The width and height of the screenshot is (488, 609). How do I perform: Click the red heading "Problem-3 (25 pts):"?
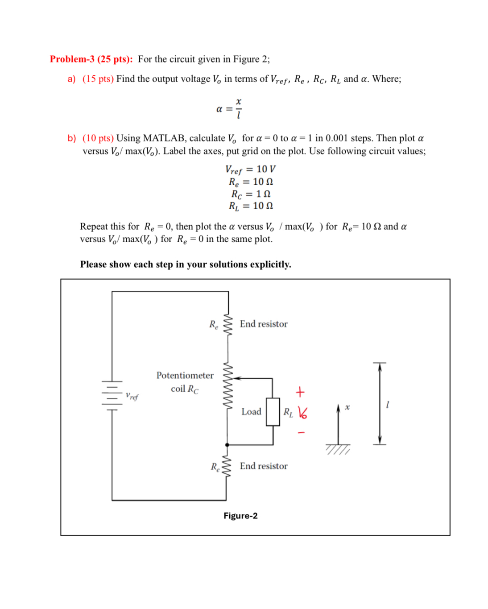tap(91, 59)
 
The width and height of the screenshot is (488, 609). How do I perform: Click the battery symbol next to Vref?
tap(112, 394)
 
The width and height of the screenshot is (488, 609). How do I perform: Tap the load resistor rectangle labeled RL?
tap(273, 411)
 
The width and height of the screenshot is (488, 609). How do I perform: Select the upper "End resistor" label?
tap(263, 324)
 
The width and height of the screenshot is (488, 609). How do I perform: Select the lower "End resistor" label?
tap(263, 466)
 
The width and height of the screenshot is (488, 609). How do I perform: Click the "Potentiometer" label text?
tap(185, 375)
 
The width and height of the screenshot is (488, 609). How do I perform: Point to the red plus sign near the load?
tap(300, 392)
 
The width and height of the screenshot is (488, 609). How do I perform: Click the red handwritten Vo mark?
tap(302, 413)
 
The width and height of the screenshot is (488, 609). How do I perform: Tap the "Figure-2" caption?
tap(240, 516)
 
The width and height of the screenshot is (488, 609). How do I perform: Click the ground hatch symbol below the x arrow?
tap(338, 449)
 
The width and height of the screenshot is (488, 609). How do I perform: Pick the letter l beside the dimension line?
tap(387, 405)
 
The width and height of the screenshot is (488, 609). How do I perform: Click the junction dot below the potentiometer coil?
tap(227, 445)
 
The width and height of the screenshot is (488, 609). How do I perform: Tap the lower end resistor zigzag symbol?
tap(227, 467)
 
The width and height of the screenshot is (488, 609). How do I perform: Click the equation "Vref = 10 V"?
tap(250, 169)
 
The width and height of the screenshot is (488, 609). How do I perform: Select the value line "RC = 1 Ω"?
tap(250, 194)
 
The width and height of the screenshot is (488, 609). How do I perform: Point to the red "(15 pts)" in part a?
tap(98, 79)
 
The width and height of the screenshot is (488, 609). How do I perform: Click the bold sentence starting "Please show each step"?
tap(186, 264)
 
